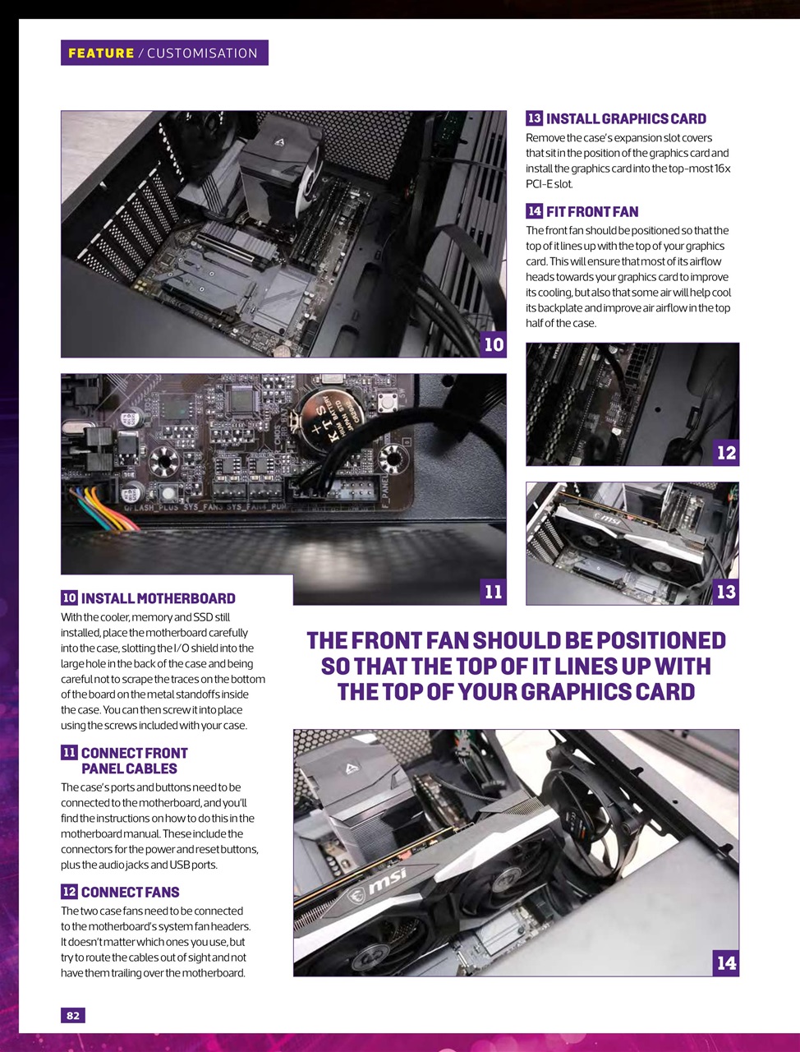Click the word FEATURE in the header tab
101,53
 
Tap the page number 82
73,1016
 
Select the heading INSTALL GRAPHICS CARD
626,119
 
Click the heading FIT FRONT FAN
591,212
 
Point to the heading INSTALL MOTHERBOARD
158,599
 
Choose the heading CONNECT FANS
130,893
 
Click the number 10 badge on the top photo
494,344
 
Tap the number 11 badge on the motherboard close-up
493,592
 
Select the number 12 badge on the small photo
726,453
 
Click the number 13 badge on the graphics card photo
726,592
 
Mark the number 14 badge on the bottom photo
726,963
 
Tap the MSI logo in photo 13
605,519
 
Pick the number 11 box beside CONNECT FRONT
70,753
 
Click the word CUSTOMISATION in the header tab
202,53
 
